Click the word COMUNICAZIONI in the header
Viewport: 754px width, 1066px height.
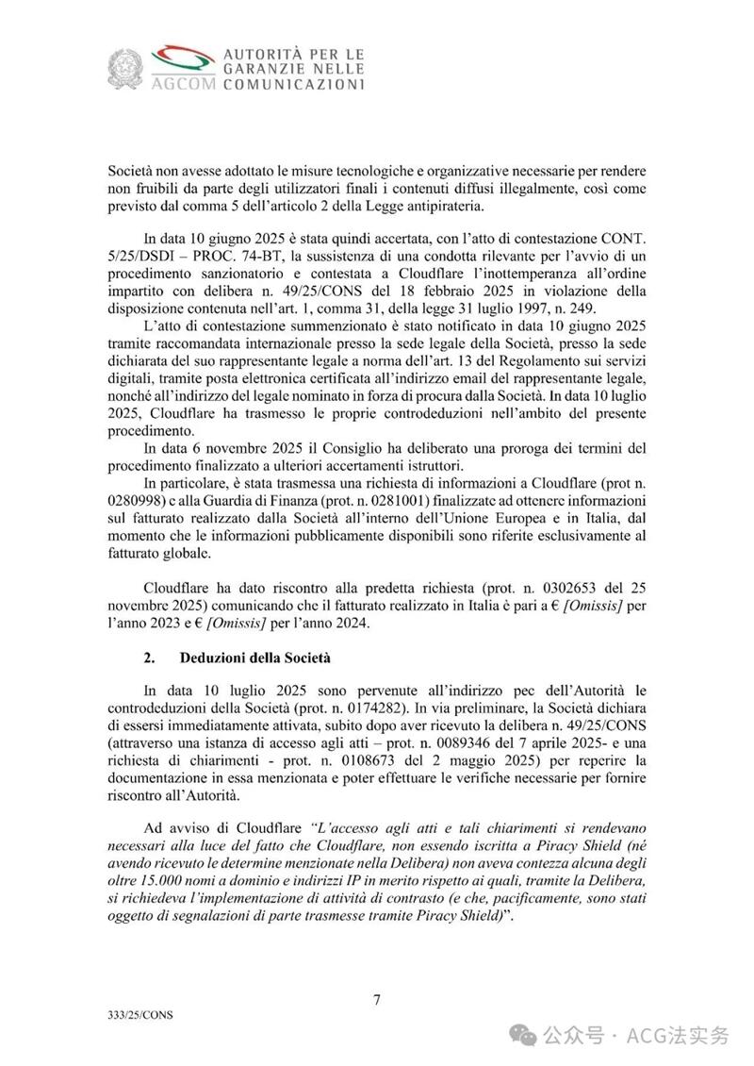(x=292, y=84)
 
